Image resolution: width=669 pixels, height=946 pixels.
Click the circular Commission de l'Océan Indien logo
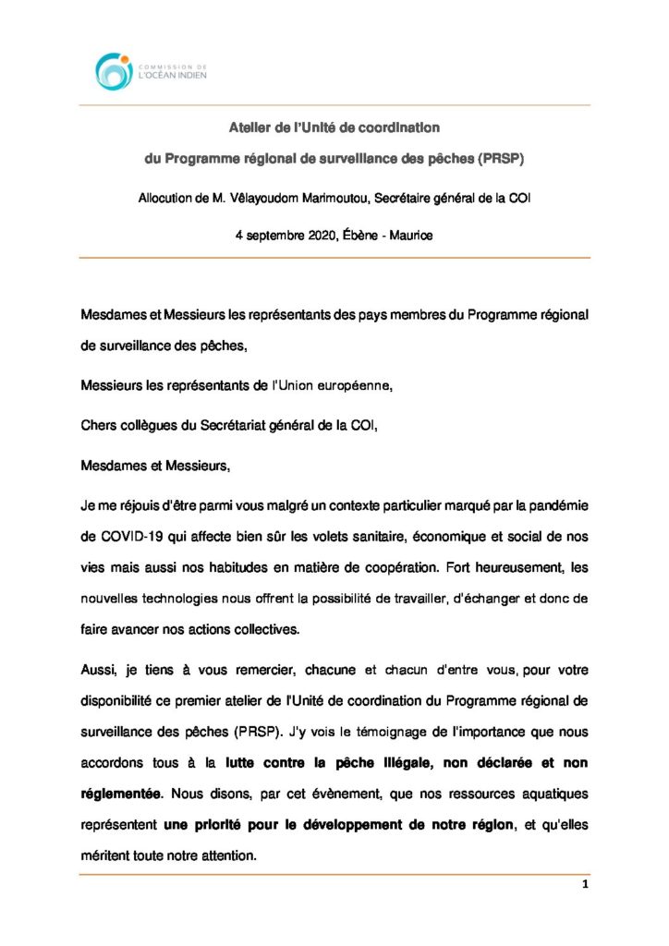click(x=115, y=70)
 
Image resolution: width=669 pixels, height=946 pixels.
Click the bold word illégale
click(x=383, y=764)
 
